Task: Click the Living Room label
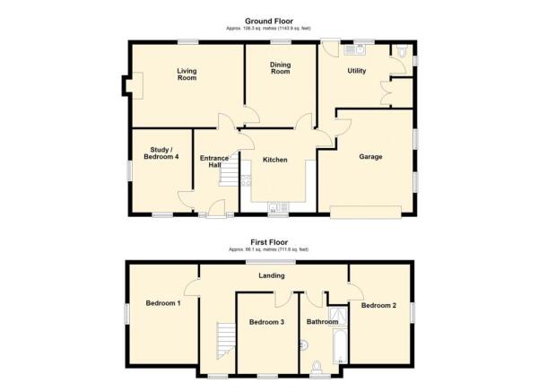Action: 187,74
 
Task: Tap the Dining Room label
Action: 281,67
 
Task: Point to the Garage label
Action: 370,157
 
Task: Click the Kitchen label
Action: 274,160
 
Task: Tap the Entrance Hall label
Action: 213,162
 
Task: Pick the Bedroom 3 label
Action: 267,322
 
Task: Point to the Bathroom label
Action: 321,321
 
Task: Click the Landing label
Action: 273,276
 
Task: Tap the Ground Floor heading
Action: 269,21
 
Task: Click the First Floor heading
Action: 268,241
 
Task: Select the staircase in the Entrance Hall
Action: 231,176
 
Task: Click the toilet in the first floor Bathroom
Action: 317,365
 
